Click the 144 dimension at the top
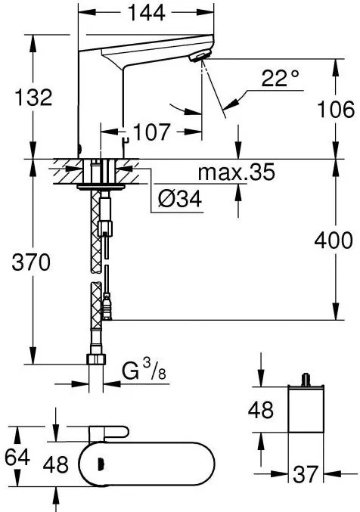[x=147, y=13]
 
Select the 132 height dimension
[x=33, y=97]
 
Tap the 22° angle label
[x=280, y=78]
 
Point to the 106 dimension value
[x=336, y=109]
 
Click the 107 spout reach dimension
[x=151, y=132]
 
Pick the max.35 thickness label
[x=237, y=172]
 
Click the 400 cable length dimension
[x=334, y=240]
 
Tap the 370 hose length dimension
[x=31, y=262]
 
